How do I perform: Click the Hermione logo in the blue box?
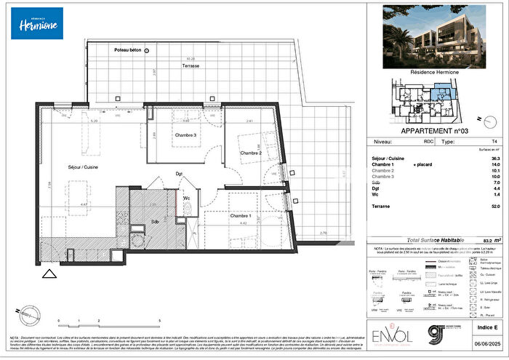point(36,23)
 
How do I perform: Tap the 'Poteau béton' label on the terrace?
point(128,50)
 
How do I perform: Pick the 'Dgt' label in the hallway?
point(179,173)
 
